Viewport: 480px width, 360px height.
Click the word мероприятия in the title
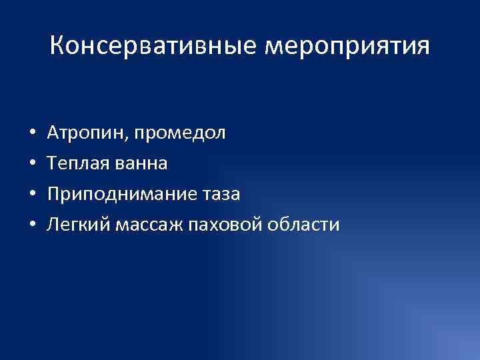coord(347,47)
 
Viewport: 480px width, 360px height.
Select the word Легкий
coord(69,225)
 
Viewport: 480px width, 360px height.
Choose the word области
coord(303,225)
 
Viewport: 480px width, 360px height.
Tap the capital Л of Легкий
coord(52,225)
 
